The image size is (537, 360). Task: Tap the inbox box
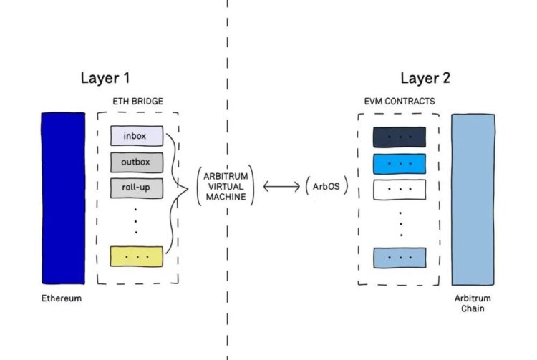[x=137, y=136]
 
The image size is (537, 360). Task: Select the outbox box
[x=137, y=162]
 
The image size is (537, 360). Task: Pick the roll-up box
[x=137, y=188]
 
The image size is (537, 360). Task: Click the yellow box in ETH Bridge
[x=137, y=256]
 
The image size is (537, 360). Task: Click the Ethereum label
[x=62, y=298]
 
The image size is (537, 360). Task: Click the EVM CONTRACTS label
[x=399, y=102]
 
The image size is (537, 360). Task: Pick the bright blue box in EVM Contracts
[x=399, y=164]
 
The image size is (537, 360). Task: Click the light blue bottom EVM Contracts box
[x=399, y=257]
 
